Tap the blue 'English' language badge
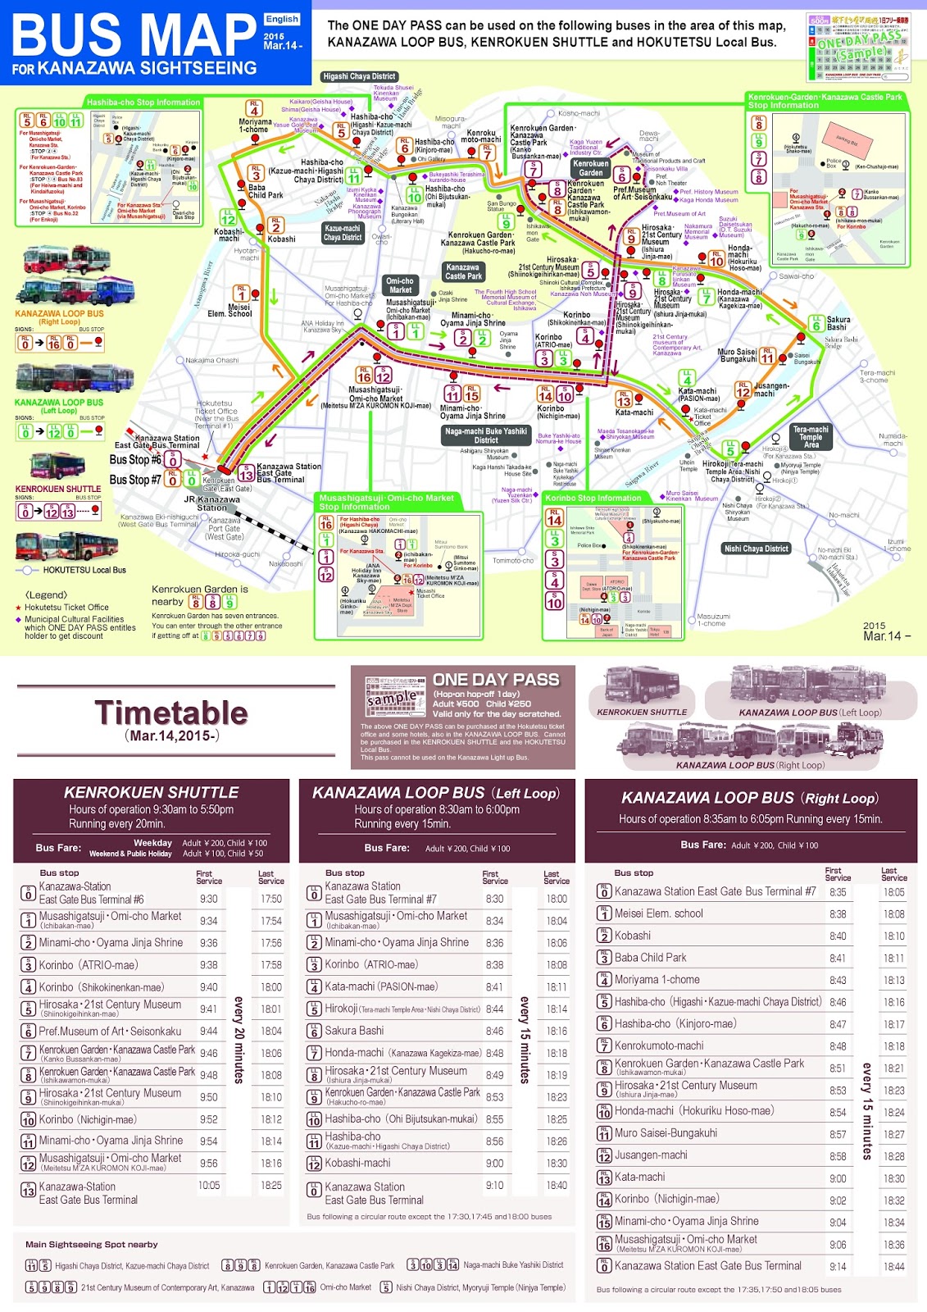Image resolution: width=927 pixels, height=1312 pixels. coord(282,19)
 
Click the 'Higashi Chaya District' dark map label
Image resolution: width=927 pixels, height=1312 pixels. coord(359,76)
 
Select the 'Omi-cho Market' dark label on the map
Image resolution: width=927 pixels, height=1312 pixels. coord(400,285)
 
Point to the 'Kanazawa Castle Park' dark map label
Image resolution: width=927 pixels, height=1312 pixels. coord(463,271)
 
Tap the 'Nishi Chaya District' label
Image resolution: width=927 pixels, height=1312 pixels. coord(756,549)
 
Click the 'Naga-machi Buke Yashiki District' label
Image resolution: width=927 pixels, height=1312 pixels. coord(486,435)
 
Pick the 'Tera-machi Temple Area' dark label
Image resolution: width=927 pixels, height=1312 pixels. coord(811,437)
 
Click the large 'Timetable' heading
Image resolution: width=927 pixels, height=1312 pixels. coord(171,713)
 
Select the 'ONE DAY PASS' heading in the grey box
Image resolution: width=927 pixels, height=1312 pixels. coord(496,680)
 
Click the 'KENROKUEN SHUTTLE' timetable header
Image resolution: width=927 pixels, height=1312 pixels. coord(152,792)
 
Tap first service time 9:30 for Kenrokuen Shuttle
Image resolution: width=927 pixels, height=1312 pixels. coord(209,899)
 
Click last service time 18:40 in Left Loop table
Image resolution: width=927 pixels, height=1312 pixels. coord(557,1185)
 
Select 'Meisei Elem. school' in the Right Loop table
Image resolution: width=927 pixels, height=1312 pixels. coord(659,913)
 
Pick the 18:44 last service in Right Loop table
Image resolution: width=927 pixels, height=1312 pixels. coord(893,1266)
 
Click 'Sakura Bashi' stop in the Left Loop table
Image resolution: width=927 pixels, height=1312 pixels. coord(354,1031)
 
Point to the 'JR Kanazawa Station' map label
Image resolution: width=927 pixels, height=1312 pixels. coord(211,503)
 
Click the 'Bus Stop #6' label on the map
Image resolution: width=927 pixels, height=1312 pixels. coord(135,460)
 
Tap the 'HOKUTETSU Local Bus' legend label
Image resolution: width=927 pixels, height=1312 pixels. coord(84,570)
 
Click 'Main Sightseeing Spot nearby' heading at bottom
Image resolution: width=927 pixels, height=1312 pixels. coord(92,1244)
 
